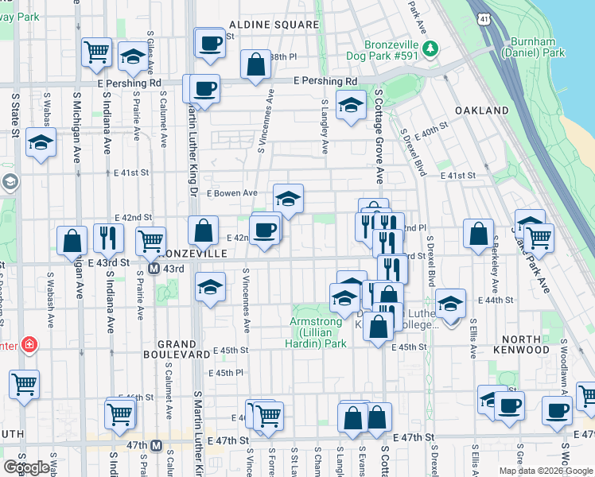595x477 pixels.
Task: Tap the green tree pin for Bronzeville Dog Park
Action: click(430, 49)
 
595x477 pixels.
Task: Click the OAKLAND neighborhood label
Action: click(481, 111)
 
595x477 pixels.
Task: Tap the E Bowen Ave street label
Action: click(231, 193)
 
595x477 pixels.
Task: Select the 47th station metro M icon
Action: click(157, 445)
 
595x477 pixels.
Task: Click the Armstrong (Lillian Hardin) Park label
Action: click(317, 333)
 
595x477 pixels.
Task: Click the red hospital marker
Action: click(29, 345)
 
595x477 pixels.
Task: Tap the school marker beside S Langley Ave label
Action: click(350, 106)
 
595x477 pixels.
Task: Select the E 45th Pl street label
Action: click(225, 373)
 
